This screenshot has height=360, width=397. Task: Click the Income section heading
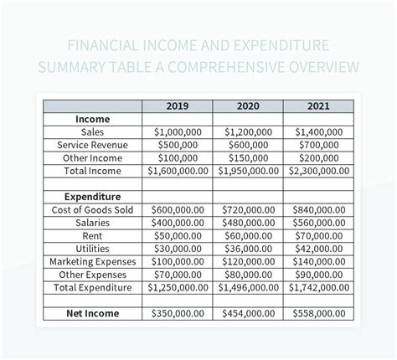pos(93,120)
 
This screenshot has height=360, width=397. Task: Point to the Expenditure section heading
pos(93,197)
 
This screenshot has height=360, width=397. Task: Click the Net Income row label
pos(93,313)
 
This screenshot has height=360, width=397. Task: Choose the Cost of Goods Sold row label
pos(93,209)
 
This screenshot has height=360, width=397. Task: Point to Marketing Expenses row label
pos(93,261)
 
